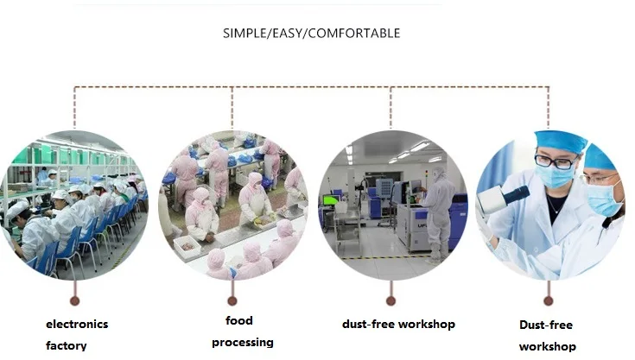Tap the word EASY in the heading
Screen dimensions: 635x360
click(x=289, y=34)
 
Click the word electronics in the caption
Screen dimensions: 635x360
click(x=77, y=325)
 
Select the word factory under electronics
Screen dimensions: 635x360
click(x=67, y=346)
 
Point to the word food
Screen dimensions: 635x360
click(x=239, y=320)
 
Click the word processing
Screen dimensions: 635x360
click(x=243, y=342)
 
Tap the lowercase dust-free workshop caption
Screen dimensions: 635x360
click(x=398, y=325)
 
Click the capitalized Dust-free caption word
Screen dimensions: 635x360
click(x=546, y=325)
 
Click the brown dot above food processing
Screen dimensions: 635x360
click(x=232, y=300)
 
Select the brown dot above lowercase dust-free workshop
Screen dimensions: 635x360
click(x=391, y=300)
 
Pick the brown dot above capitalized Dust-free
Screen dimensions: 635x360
click(x=548, y=300)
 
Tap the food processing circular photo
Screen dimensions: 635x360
click(x=232, y=205)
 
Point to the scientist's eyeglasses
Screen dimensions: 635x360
click(x=554, y=161)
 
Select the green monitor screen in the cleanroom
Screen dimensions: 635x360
click(x=331, y=200)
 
